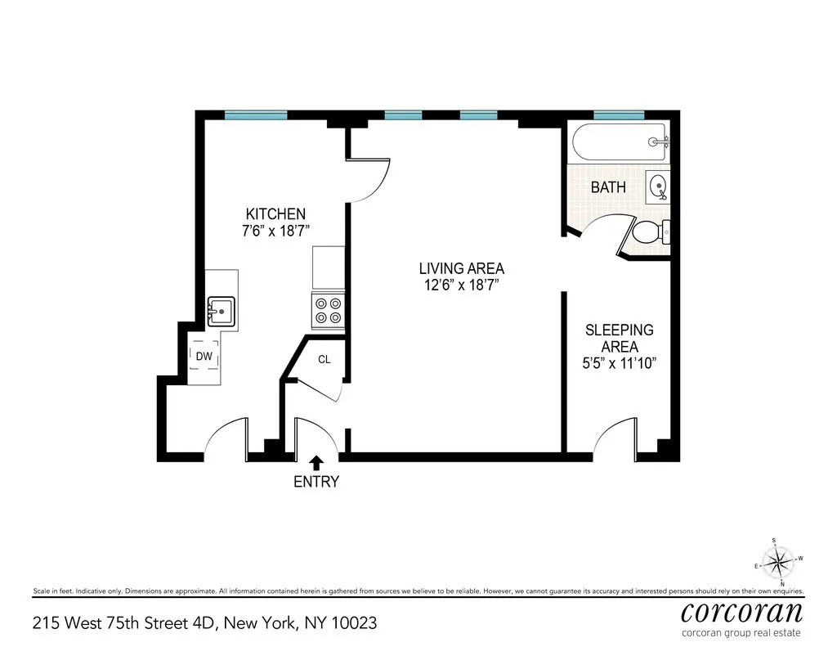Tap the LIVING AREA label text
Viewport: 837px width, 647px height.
pyautogui.click(x=461, y=268)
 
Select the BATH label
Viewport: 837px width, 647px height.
pyautogui.click(x=608, y=187)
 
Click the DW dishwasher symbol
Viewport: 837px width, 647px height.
pyautogui.click(x=204, y=356)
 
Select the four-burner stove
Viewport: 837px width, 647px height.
pyautogui.click(x=329, y=310)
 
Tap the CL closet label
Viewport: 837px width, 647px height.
pyautogui.click(x=325, y=359)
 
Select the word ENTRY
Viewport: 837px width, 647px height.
pyautogui.click(x=316, y=482)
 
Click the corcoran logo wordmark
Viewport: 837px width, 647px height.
pyautogui.click(x=741, y=611)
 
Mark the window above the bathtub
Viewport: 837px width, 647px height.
pyautogui.click(x=619, y=115)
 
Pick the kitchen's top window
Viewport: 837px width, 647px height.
pyautogui.click(x=256, y=115)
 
